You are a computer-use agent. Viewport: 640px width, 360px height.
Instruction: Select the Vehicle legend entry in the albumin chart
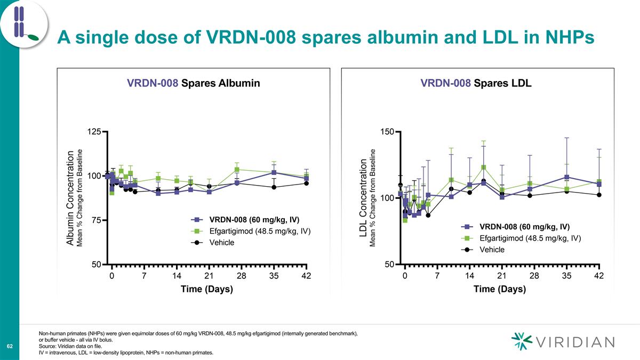coord(221,243)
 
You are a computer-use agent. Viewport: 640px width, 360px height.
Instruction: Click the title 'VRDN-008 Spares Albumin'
coord(193,83)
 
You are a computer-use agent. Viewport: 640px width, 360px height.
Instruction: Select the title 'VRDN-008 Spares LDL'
coord(476,83)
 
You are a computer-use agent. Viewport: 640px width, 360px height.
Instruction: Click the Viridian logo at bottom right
coord(562,341)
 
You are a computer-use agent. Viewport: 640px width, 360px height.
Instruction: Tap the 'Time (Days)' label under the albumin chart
coord(207,289)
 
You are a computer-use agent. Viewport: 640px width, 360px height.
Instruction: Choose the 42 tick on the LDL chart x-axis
coord(599,276)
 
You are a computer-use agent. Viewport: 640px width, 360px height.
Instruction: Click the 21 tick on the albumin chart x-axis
coord(209,276)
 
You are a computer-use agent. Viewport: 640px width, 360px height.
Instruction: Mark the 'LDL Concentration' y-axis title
coord(364,203)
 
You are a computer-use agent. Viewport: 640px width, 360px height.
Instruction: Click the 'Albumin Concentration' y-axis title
coord(70,198)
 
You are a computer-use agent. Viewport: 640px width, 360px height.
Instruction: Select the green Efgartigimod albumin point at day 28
coord(237,170)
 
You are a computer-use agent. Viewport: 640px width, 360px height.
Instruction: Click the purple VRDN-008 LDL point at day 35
coord(567,177)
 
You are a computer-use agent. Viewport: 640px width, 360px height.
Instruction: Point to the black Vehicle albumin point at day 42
coord(306,183)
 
